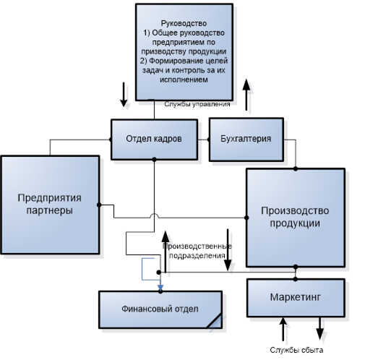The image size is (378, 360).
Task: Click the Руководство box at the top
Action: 184,52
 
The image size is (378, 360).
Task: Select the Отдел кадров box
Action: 154,140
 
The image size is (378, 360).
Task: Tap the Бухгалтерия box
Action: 246,140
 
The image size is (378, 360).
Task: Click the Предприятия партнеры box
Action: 50,205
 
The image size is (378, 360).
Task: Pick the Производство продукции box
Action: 296,218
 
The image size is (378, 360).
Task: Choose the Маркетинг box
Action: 296,298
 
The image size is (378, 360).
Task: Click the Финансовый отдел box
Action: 160,309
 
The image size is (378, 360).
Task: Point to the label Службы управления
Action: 197,104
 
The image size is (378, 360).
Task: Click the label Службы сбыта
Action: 296,350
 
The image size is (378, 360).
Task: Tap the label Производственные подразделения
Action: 197,251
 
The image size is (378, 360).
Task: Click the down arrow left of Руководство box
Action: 124,95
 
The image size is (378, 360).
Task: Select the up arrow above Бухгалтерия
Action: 246,95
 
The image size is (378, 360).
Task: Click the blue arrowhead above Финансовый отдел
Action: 160,288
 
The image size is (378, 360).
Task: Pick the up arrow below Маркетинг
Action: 283,329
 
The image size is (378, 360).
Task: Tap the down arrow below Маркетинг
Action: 320,328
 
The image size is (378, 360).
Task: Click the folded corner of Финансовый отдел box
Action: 215,322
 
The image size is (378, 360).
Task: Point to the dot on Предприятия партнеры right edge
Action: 99,205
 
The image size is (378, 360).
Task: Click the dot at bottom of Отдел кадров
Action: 154,159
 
